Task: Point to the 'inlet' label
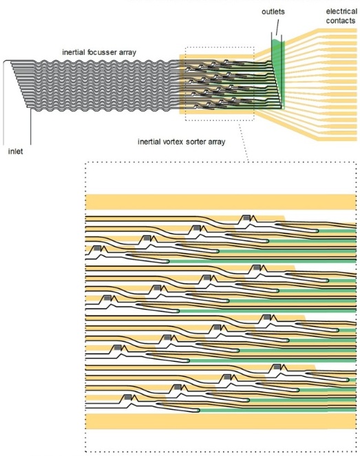(16, 150)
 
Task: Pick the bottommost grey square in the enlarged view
(127, 398)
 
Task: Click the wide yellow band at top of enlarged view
(220, 202)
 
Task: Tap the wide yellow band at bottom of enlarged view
(220, 421)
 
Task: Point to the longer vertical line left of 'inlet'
(6, 103)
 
